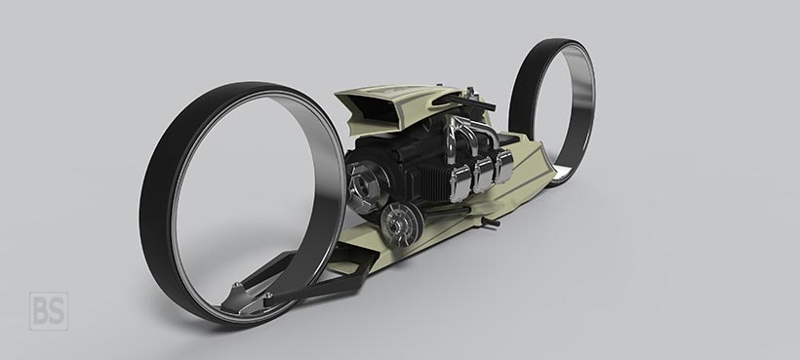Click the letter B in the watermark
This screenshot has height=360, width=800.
(41, 311)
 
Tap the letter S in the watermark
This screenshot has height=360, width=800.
(57, 311)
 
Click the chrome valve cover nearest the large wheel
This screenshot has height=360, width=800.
(460, 183)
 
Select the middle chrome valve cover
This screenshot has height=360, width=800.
(483, 175)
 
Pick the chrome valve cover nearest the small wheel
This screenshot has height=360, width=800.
(503, 167)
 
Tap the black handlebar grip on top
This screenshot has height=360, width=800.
(472, 103)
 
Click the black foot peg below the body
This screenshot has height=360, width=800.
(491, 221)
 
